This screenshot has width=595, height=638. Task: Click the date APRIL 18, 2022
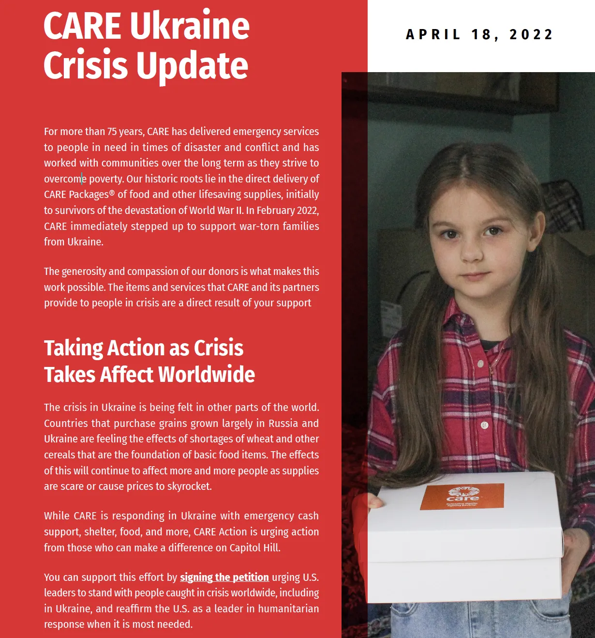coord(479,35)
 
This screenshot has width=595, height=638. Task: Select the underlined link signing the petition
coord(224,577)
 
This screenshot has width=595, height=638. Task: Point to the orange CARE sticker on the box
coord(462,496)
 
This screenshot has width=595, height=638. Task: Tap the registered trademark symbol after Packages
coord(112,193)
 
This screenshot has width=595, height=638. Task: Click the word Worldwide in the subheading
coord(207,375)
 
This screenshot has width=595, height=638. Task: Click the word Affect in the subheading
coord(127,375)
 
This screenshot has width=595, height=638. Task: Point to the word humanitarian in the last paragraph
coord(288,608)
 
